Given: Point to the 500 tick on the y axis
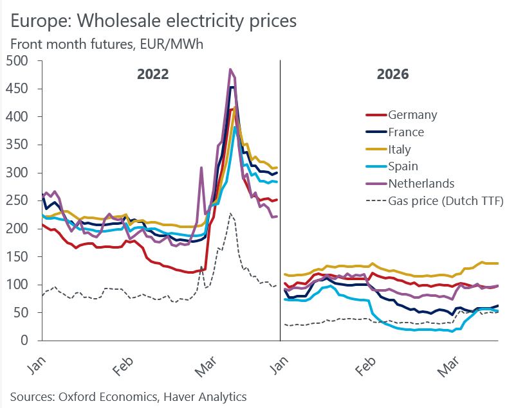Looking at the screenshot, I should tap(20, 61).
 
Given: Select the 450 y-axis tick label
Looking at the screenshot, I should tap(20, 89).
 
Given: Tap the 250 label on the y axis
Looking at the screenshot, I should tap(20, 200).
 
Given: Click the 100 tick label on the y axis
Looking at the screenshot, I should tap(20, 285).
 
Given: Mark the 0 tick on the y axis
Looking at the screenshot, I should tap(29, 341).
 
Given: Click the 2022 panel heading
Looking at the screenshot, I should tap(152, 74).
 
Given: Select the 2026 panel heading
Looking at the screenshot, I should tap(392, 74).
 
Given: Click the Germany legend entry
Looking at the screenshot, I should tap(412, 115).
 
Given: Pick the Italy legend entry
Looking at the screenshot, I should tap(401, 149).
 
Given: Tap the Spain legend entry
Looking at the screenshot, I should tap(404, 166).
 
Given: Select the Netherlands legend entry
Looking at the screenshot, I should tap(421, 183).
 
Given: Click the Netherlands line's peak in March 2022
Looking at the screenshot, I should tap(230, 69).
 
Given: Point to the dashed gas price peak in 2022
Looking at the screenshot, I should tap(230, 213).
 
